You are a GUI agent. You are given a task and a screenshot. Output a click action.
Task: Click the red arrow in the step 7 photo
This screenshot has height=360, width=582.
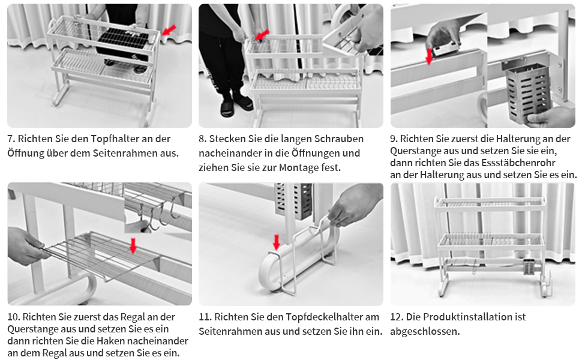point(169,31)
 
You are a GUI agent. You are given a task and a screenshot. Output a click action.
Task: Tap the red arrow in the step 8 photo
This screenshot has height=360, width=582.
point(262,35)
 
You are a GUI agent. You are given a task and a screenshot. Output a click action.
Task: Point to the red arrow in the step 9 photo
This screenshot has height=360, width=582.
point(429,56)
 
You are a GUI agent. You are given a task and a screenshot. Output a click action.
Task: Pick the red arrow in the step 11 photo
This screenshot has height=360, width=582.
point(276,242)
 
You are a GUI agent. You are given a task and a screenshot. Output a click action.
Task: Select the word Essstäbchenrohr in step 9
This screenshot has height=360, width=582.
point(518,163)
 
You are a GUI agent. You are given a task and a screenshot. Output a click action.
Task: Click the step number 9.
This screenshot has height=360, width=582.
point(394,139)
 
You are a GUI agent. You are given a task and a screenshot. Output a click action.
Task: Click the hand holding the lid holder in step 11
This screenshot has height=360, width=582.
point(353,205)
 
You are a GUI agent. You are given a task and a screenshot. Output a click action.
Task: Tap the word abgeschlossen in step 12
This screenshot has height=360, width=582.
point(425,331)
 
